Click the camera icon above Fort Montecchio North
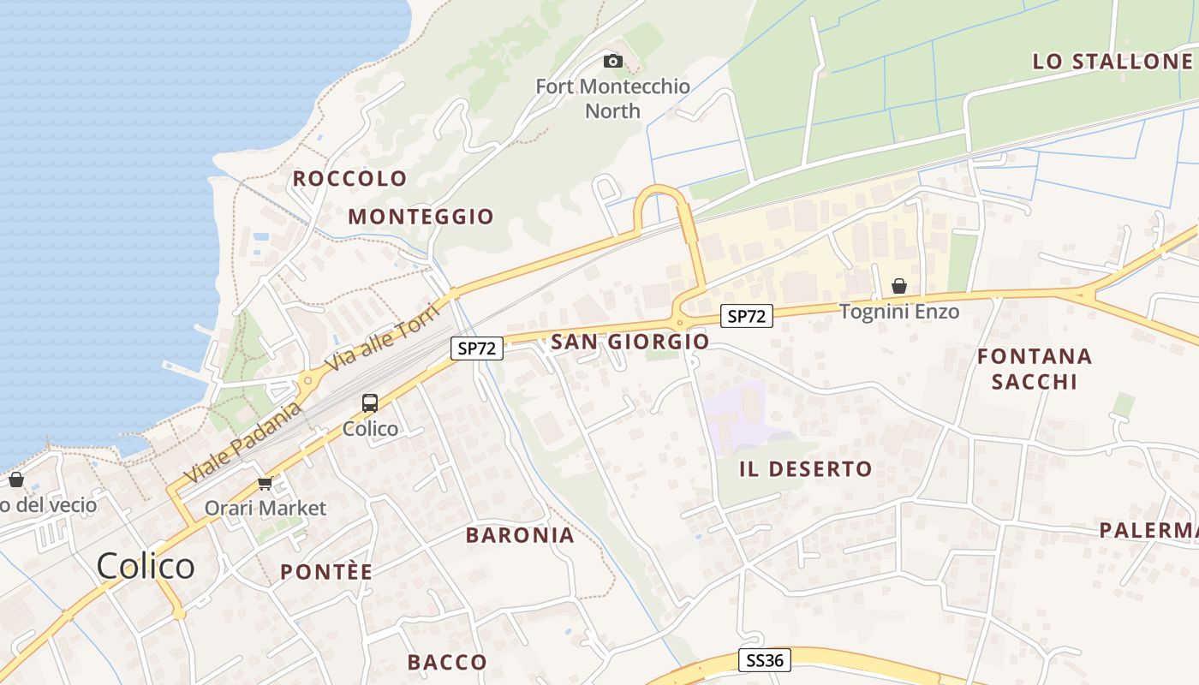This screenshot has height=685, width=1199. pyautogui.click(x=612, y=61)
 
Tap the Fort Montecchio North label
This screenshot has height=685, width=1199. pyautogui.click(x=612, y=98)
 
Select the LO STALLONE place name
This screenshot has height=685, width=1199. pyautogui.click(x=1113, y=61)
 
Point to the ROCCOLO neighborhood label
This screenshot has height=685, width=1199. pyautogui.click(x=350, y=178)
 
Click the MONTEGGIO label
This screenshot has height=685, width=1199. pyautogui.click(x=421, y=217)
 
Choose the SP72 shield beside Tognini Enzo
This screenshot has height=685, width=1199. pyautogui.click(x=746, y=316)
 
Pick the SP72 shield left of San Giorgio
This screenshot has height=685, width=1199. pyautogui.click(x=477, y=348)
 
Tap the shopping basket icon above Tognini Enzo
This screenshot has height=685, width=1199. pyautogui.click(x=899, y=286)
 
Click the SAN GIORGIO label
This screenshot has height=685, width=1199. pyautogui.click(x=630, y=342)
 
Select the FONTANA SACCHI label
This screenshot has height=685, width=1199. pyautogui.click(x=1035, y=368)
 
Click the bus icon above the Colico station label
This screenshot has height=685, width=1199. pyautogui.click(x=370, y=402)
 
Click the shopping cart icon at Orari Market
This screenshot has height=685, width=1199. pyautogui.click(x=265, y=484)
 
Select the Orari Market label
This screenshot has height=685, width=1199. pyautogui.click(x=265, y=508)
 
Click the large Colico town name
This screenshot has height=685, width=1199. pyautogui.click(x=146, y=566)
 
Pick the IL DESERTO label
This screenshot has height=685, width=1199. pyautogui.click(x=806, y=469)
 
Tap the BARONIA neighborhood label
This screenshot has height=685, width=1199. pyautogui.click(x=520, y=535)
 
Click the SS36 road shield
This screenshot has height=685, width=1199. pyautogui.click(x=765, y=659)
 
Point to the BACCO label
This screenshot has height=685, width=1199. pyautogui.click(x=447, y=662)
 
